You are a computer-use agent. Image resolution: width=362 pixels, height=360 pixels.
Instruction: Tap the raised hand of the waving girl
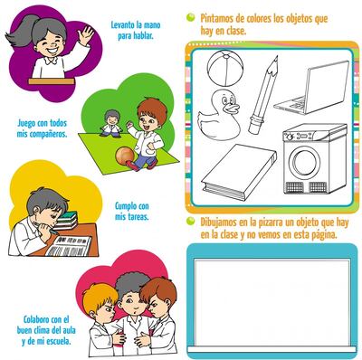(x=87, y=35)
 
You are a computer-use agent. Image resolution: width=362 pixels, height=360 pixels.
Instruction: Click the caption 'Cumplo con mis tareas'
(x=132, y=211)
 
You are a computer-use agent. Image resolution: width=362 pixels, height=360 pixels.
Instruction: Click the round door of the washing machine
(x=305, y=163)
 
